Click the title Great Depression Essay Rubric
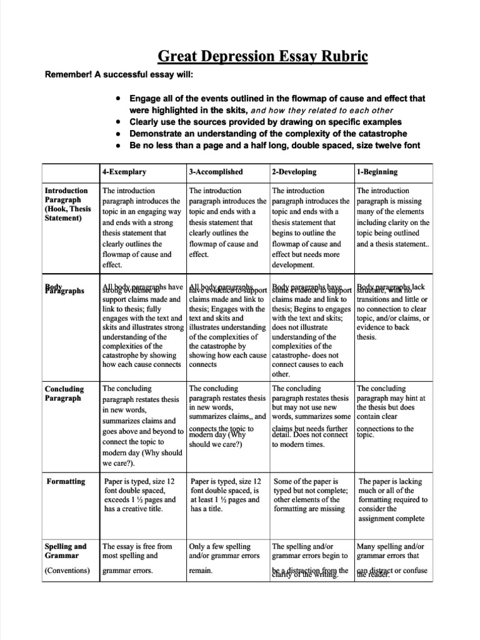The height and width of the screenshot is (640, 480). point(262,57)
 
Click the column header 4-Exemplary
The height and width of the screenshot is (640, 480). point(124,172)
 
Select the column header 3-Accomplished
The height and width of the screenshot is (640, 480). point(216,172)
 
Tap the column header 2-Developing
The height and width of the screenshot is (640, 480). point(294,172)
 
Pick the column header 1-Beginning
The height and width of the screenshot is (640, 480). point(377,172)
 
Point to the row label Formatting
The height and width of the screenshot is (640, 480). point(66,481)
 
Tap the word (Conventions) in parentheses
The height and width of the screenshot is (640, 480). point(67,571)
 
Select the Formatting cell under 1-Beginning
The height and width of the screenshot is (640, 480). point(392,500)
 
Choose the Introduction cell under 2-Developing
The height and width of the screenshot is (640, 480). point(310,227)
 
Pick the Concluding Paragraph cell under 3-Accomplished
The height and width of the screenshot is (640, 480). point(227,416)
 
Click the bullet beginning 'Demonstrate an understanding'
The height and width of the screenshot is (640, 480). point(267,134)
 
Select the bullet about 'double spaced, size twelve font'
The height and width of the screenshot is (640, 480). point(274,146)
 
